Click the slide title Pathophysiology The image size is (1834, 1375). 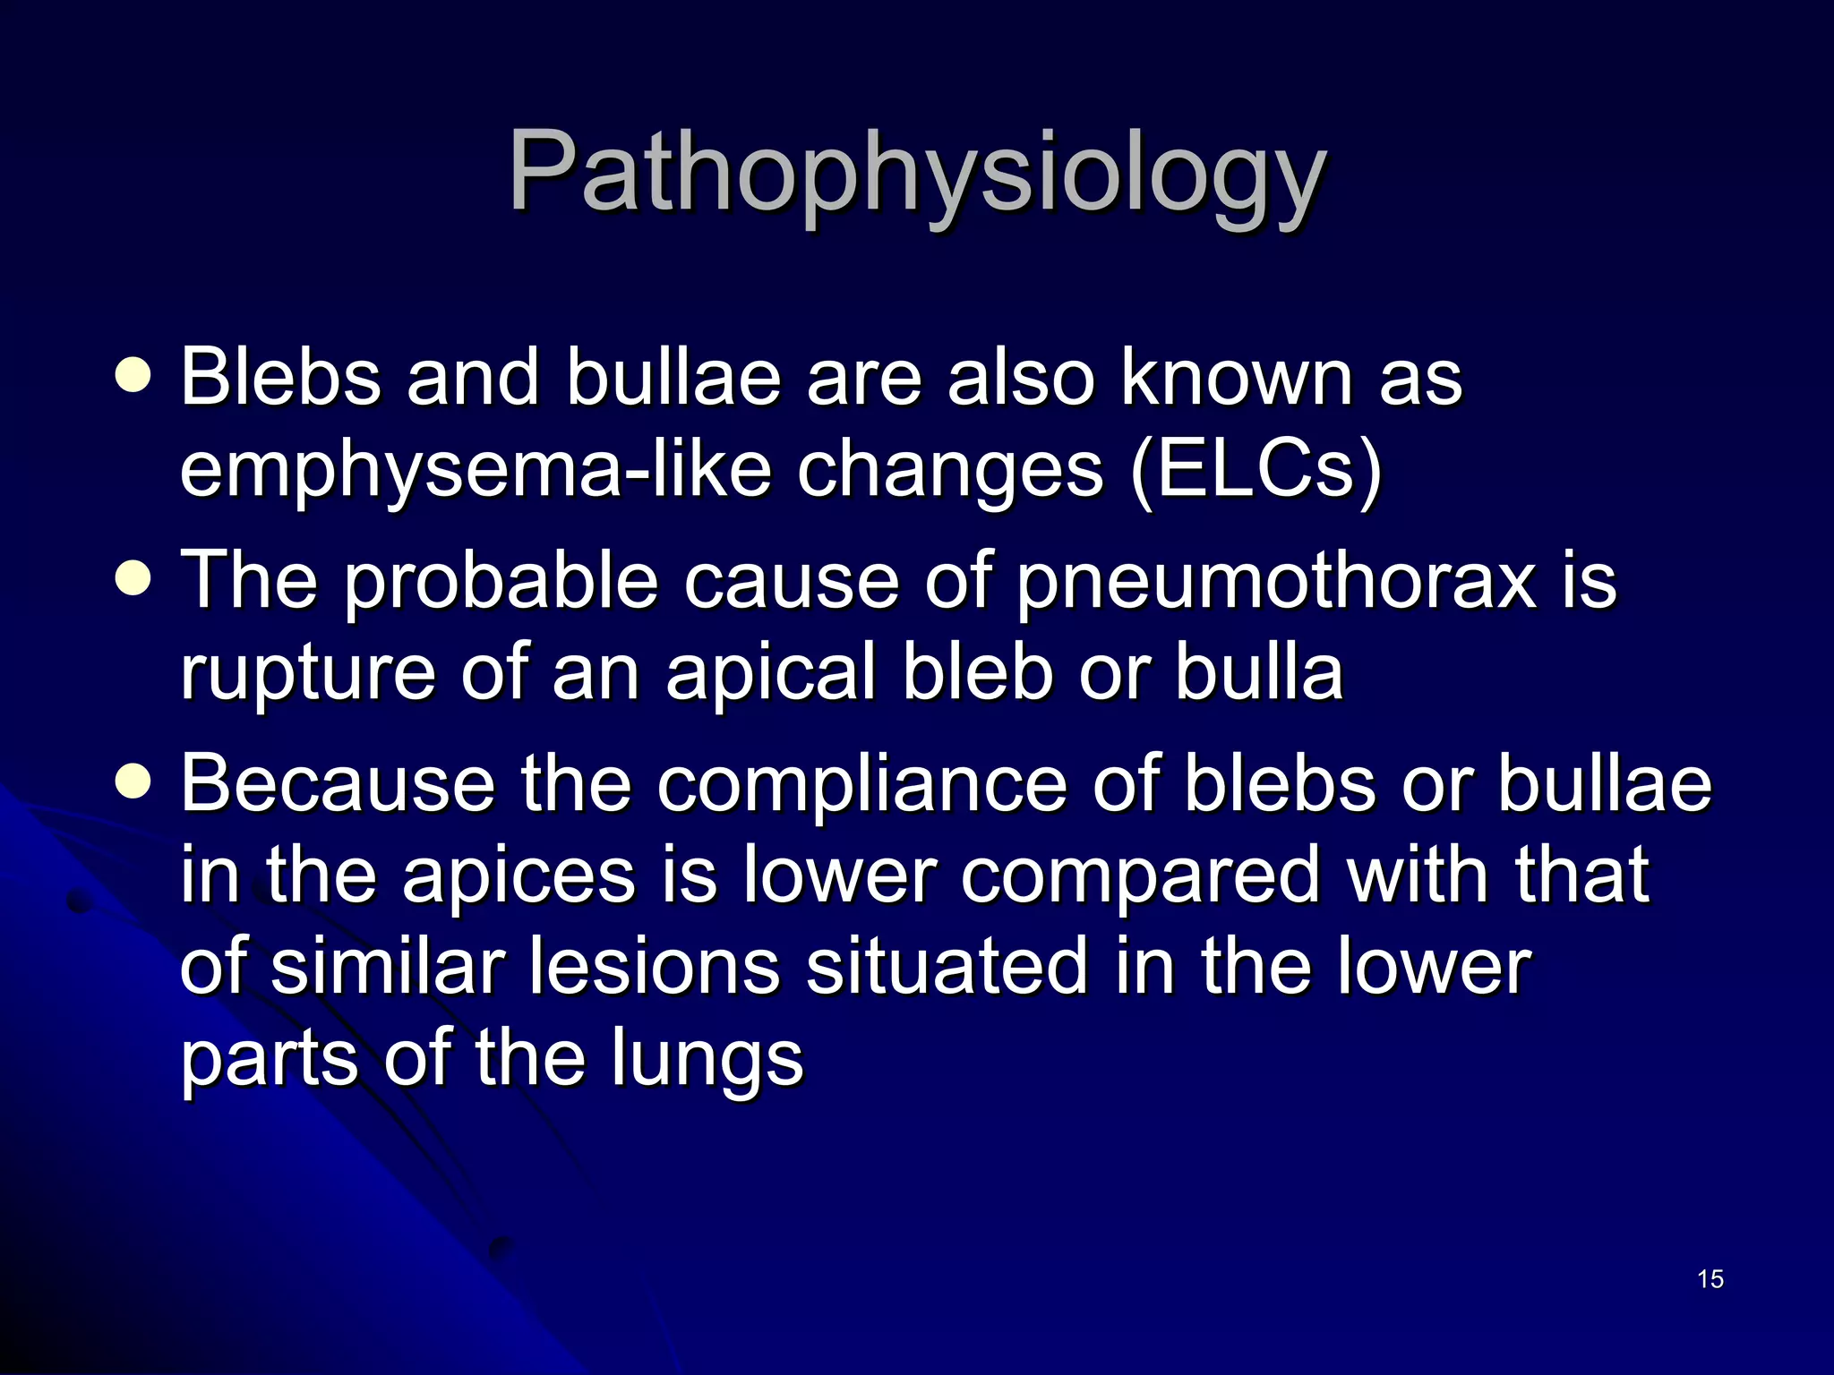(x=917, y=172)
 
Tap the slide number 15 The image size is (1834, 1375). (x=1710, y=1279)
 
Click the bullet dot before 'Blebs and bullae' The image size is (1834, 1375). (x=133, y=376)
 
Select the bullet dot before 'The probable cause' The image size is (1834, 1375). (x=133, y=579)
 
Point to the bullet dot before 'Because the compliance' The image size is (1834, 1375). (x=133, y=781)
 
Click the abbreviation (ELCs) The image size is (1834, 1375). (x=1256, y=471)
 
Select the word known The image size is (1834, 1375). (x=1237, y=378)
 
